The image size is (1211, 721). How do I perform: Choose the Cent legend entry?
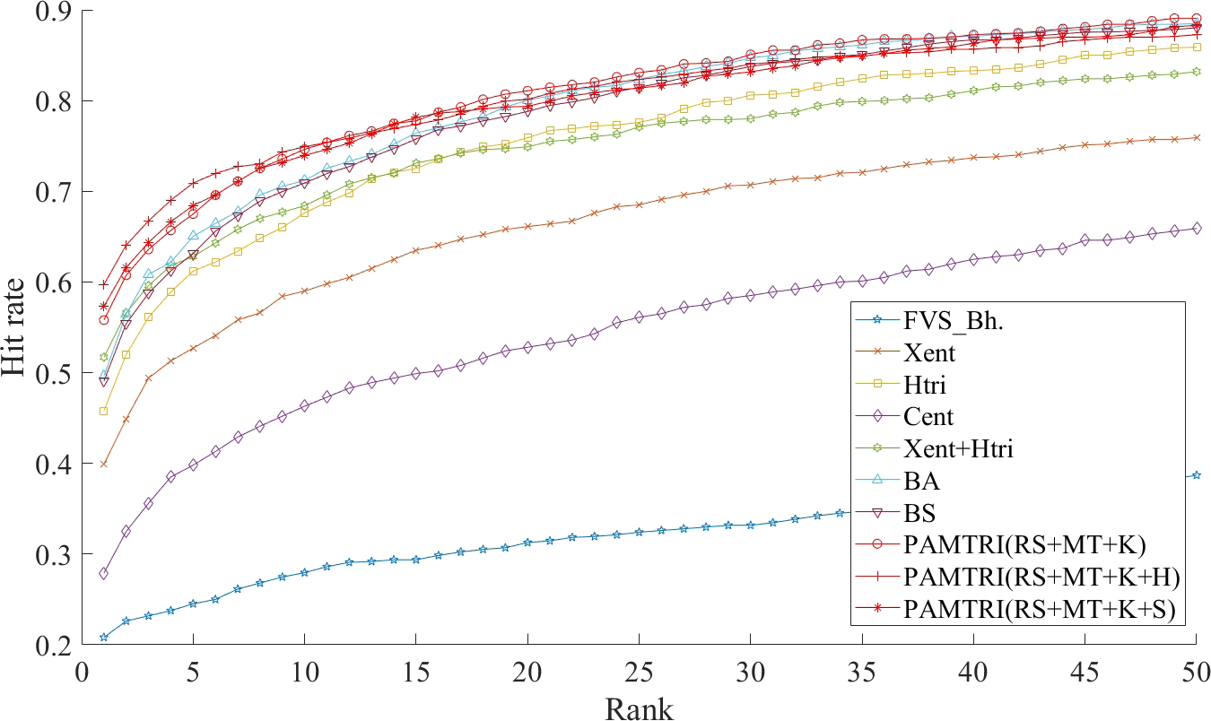(x=929, y=416)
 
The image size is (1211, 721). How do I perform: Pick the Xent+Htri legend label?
(x=959, y=448)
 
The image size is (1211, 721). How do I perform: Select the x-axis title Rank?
(x=639, y=708)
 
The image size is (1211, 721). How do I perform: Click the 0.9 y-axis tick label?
(x=56, y=11)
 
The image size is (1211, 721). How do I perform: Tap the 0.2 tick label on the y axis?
(x=56, y=645)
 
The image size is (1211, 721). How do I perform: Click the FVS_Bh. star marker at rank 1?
(x=104, y=637)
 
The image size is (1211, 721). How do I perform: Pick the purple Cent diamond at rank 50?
(x=1197, y=229)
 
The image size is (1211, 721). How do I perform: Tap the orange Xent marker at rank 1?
(x=104, y=464)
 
